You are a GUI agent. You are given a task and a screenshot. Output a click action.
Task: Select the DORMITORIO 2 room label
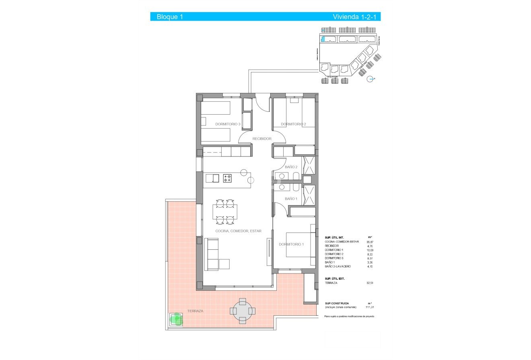click(293, 124)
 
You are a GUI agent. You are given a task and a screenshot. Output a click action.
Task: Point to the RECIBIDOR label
click(262, 139)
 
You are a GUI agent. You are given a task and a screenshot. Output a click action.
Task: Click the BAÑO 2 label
click(291, 167)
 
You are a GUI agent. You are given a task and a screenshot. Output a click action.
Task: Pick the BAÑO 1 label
click(291, 199)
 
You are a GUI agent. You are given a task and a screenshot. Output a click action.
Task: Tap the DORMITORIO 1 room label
click(291, 244)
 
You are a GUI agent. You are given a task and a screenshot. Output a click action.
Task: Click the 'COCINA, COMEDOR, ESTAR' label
click(238, 231)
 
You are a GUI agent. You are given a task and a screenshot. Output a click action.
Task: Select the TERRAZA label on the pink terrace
click(195, 311)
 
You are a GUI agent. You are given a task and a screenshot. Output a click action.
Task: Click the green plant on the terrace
click(176, 320)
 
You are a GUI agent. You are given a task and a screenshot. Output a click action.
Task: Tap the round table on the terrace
click(242, 311)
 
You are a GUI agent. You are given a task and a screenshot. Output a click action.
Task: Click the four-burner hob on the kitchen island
click(227, 178)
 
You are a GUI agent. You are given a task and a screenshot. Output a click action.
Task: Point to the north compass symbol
click(371, 79)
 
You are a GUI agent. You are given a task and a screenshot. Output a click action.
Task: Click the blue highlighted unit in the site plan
click(323, 39)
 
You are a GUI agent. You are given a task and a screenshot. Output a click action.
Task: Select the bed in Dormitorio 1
click(300, 245)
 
